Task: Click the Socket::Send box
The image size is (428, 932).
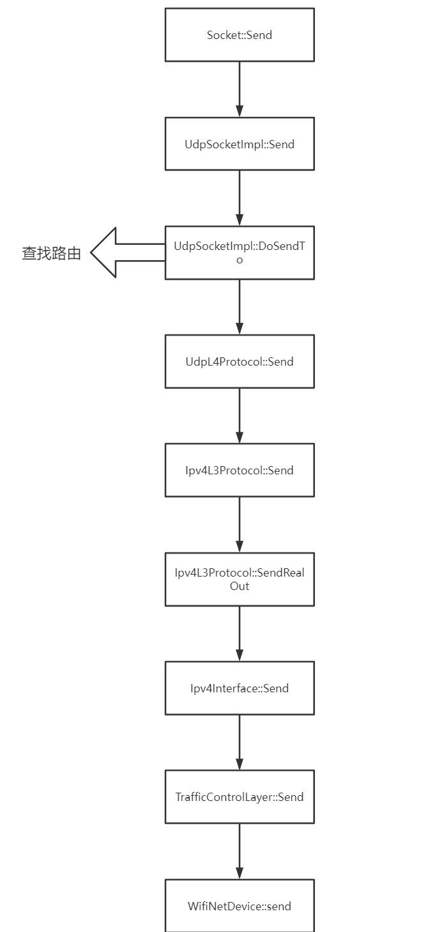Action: tap(240, 35)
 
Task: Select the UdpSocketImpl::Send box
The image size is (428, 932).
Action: tap(240, 144)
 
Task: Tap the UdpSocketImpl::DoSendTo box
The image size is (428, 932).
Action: tap(240, 252)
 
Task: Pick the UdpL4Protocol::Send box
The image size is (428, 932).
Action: tap(240, 361)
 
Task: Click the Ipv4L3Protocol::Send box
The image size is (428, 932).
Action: tap(240, 470)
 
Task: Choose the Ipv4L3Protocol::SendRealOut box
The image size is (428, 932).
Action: tap(240, 579)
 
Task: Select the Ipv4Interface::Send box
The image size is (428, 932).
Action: tap(240, 688)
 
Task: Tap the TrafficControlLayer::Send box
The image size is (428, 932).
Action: tap(240, 796)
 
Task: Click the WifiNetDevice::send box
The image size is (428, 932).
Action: tap(240, 905)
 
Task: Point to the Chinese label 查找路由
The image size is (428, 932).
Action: tap(52, 254)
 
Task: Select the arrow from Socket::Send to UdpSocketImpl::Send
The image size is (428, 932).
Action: tap(240, 89)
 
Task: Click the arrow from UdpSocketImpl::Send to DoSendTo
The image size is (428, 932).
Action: tap(240, 198)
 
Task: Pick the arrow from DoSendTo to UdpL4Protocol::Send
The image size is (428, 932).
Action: tap(240, 307)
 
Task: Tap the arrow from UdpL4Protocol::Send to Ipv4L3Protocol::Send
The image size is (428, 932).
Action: tap(240, 416)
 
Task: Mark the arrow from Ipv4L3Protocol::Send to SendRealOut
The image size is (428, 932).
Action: tap(240, 524)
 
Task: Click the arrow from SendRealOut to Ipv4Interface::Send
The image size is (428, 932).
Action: tap(240, 633)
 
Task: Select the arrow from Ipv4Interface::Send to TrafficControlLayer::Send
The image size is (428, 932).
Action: tap(240, 742)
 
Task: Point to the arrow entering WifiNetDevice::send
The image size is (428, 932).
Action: tap(240, 851)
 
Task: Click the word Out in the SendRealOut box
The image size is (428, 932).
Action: tap(240, 586)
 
